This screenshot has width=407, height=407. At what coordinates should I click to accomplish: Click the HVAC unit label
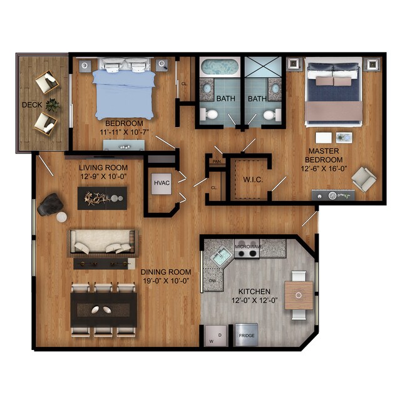[162, 183]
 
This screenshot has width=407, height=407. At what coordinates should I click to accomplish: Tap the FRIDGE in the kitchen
[247, 335]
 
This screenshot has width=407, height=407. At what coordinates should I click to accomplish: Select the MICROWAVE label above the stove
[249, 246]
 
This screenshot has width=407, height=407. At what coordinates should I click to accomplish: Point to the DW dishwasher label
[213, 281]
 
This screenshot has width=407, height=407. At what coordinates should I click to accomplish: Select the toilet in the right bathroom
[272, 114]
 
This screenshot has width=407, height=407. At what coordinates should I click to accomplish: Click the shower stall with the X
[263, 67]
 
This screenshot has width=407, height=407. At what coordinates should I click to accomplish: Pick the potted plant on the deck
[53, 105]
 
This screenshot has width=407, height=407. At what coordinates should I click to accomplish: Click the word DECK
[32, 105]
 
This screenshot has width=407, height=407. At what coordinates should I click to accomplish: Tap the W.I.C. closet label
[253, 180]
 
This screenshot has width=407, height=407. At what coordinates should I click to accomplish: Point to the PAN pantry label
[217, 162]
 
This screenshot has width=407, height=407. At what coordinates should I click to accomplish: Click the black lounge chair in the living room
[50, 205]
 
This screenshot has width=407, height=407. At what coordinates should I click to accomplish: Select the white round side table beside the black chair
[61, 217]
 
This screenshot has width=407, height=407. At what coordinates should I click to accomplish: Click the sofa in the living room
[103, 243]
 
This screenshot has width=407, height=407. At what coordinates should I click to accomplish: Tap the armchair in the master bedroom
[364, 179]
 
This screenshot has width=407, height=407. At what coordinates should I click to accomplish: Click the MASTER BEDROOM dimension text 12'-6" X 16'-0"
[324, 168]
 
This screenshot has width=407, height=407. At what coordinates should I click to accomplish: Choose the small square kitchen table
[299, 296]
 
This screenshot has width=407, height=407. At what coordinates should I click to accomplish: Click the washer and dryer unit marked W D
[216, 336]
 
